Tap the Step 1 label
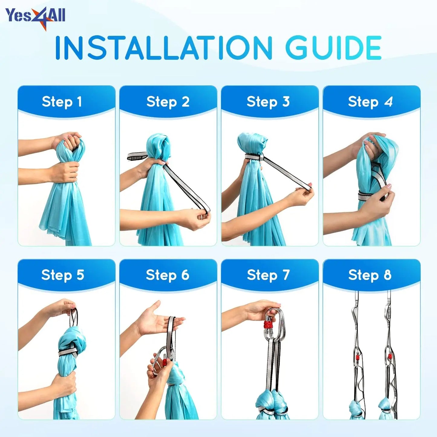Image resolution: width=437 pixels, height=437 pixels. [x=62, y=102]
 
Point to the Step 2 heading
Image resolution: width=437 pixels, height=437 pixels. [x=168, y=102]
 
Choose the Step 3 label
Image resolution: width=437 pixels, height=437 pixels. [x=268, y=102]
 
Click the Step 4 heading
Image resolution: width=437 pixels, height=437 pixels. [x=370, y=102]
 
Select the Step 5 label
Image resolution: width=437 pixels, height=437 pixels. [x=63, y=275]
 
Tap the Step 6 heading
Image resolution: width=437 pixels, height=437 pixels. [x=168, y=275]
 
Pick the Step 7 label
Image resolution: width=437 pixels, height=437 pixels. [x=268, y=275]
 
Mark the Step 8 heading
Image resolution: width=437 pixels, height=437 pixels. [x=370, y=275]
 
